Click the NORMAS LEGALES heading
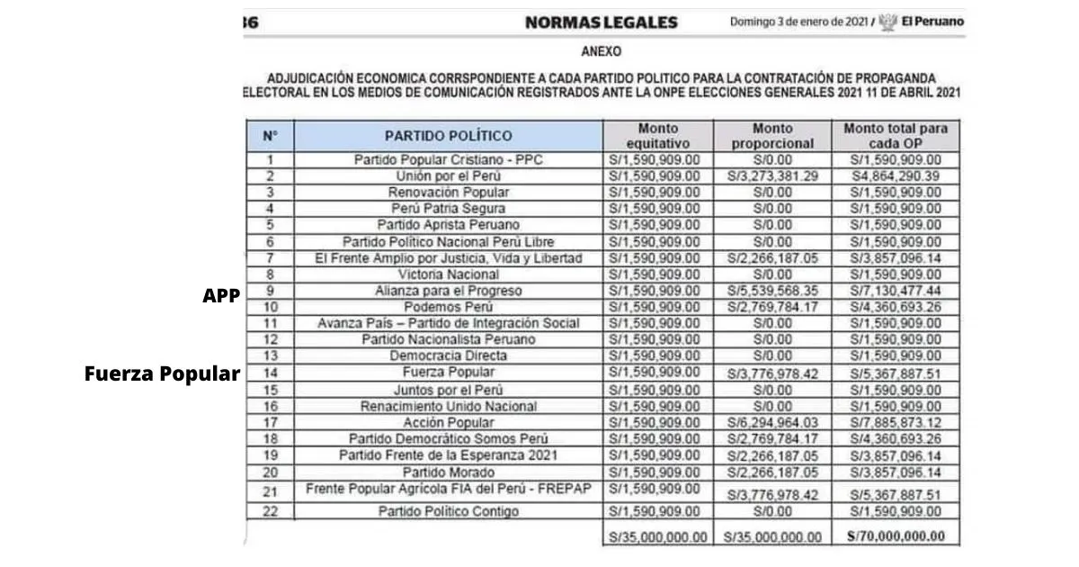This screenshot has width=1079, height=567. pos(601,22)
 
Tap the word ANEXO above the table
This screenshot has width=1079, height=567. pos(602,52)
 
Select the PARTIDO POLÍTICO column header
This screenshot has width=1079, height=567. pos(448,136)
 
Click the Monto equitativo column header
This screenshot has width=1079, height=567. pos(657,136)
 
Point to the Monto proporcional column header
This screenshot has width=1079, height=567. pos(771,136)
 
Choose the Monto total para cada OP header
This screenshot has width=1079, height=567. pos(895,136)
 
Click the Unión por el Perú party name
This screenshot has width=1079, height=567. pos(448,176)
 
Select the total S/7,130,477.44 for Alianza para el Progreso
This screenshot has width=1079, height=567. pos(895,292)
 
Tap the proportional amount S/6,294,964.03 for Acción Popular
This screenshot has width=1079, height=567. pos(771,423)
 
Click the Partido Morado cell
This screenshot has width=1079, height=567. pos(448,472)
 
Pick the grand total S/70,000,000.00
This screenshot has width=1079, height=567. pos(895,536)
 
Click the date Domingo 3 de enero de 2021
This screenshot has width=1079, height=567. pos(799,22)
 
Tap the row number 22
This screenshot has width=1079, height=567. pos(270,512)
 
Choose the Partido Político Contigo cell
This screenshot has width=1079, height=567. pos(448,512)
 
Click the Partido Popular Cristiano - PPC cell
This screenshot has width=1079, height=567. pos(448,160)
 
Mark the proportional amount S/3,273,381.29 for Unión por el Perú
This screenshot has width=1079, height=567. pos(771,176)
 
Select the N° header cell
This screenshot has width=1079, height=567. pos(270,136)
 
